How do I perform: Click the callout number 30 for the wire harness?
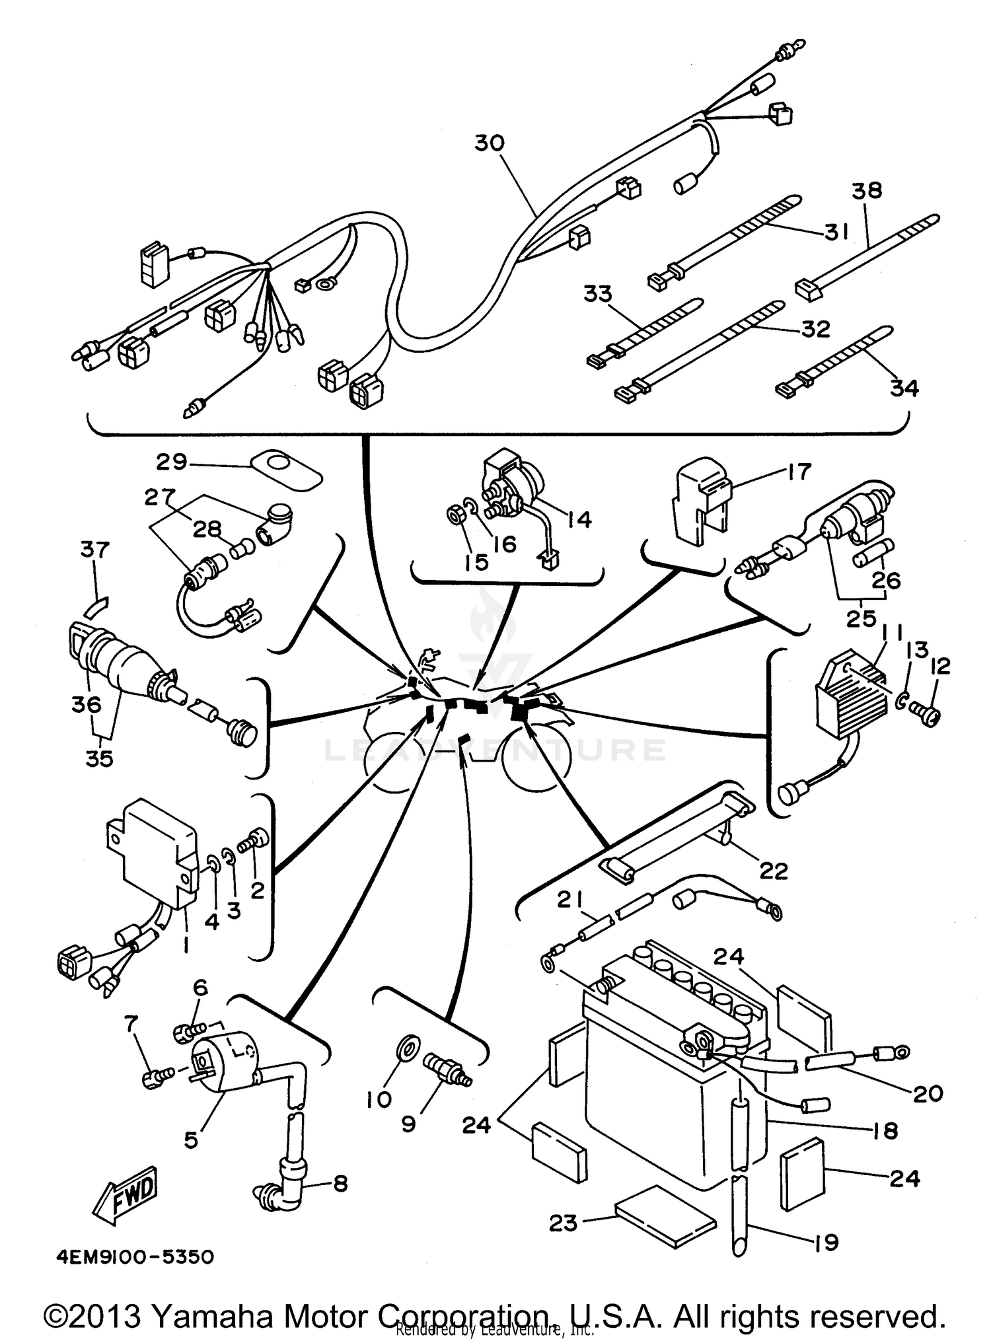(490, 143)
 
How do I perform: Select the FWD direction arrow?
(126, 1193)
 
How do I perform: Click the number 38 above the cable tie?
(866, 190)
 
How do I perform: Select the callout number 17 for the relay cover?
(798, 472)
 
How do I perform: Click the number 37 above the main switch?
(96, 549)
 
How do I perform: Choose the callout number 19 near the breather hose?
(826, 1243)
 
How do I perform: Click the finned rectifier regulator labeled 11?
(841, 687)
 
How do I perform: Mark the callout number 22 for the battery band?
(774, 871)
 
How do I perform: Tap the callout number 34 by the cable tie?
(904, 388)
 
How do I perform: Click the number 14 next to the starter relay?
(579, 519)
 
